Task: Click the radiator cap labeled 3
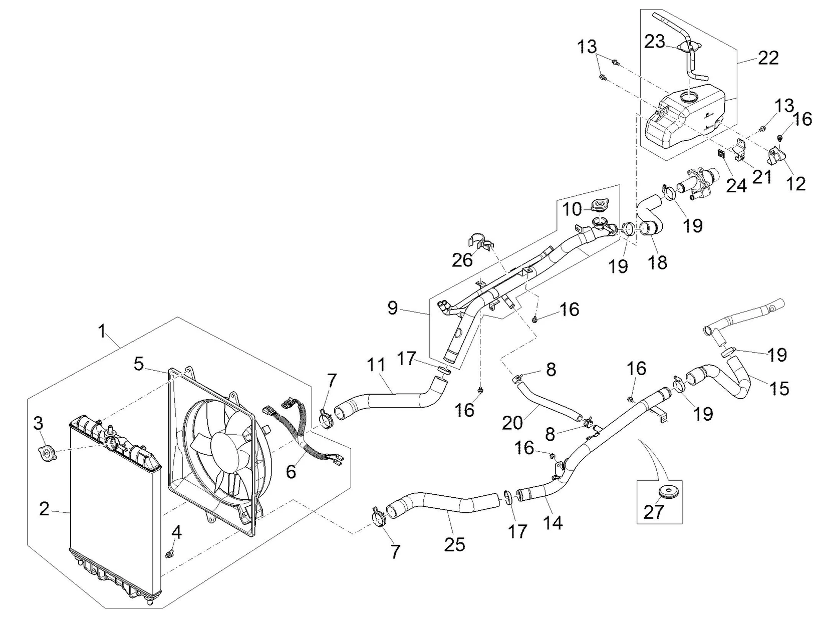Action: (x=47, y=453)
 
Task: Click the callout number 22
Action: (x=768, y=58)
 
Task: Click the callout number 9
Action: (x=393, y=308)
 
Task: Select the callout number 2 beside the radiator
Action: (x=44, y=509)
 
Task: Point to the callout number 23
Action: (x=655, y=42)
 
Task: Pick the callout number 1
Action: (x=102, y=331)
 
